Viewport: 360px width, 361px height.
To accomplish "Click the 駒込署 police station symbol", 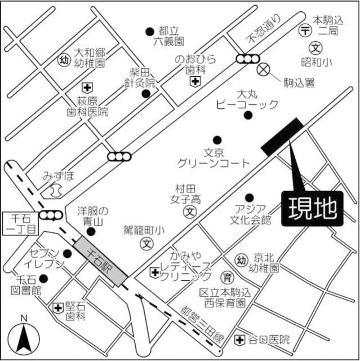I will click(x=263, y=70).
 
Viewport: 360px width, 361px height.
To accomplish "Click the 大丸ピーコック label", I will click(x=248, y=99).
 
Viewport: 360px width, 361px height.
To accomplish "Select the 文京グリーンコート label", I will click(x=213, y=157).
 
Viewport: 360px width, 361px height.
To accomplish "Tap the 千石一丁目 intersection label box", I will click(x=20, y=223).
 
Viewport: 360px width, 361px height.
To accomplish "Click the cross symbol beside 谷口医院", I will click(x=240, y=340).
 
